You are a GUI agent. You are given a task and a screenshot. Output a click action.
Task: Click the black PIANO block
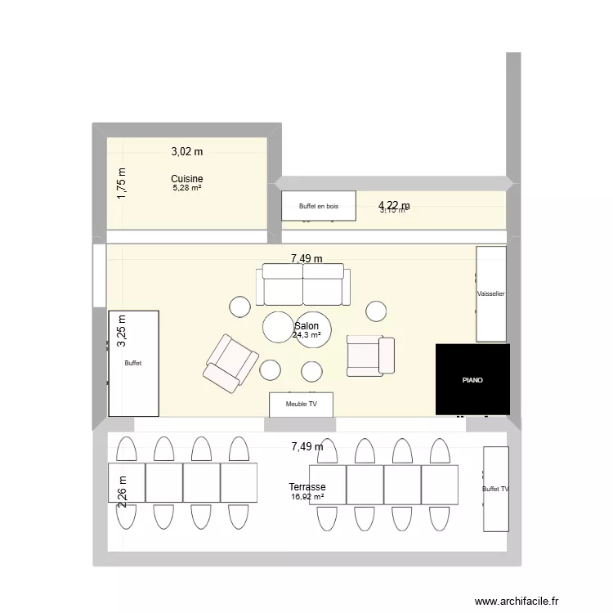tap(472, 379)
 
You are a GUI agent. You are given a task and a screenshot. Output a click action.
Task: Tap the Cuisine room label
tap(187, 179)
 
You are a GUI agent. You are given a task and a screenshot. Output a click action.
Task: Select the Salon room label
tap(306, 325)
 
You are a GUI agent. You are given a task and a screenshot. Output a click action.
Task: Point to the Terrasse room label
tap(307, 487)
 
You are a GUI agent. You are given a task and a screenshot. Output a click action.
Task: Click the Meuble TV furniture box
tap(302, 404)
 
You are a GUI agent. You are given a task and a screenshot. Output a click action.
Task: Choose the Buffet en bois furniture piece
tap(319, 206)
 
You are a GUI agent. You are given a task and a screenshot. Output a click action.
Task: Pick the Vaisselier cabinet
tap(491, 293)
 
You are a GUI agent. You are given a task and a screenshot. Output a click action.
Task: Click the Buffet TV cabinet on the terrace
tap(495, 488)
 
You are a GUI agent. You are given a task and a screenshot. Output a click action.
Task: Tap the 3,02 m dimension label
tap(187, 151)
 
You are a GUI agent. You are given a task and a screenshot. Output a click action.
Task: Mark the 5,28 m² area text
tap(187, 188)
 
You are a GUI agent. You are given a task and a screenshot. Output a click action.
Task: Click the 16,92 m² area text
tap(307, 496)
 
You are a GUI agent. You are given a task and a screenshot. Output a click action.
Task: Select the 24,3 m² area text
tap(306, 334)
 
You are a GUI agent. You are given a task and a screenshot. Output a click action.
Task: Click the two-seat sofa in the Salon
tap(302, 284)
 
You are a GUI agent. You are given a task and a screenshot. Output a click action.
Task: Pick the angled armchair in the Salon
tap(231, 362)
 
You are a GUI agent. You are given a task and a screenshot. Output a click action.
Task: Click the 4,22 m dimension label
tap(394, 206)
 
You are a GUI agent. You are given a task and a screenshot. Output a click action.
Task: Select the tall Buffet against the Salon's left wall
tap(134, 363)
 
